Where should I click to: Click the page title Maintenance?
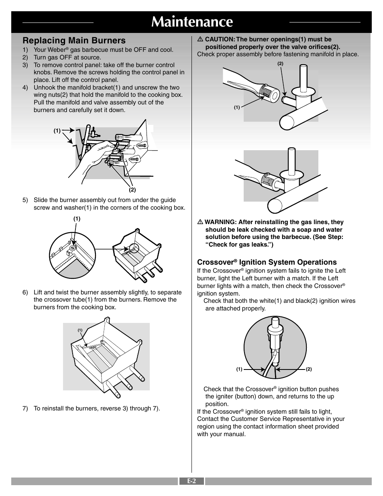click(x=192, y=22)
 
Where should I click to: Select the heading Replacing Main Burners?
click(x=74, y=40)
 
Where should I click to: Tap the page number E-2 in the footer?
click(x=191, y=481)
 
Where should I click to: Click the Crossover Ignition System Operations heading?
click(x=267, y=262)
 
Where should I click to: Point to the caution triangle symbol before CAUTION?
click(x=200, y=39)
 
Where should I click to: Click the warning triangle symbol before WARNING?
click(x=200, y=222)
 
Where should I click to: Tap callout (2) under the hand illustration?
click(x=132, y=190)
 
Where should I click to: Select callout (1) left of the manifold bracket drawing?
click(x=57, y=131)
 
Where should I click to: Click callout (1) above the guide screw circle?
click(x=77, y=219)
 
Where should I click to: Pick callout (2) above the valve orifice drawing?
click(x=280, y=63)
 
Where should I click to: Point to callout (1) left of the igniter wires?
click(x=239, y=369)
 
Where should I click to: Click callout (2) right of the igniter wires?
click(x=309, y=369)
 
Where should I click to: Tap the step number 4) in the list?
click(x=25, y=88)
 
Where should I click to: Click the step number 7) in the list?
click(x=25, y=409)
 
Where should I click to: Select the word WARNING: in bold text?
click(x=220, y=222)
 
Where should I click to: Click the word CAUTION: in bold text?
click(x=220, y=39)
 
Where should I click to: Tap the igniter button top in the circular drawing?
click(x=275, y=322)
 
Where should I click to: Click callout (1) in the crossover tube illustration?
click(x=80, y=330)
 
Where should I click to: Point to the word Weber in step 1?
click(x=56, y=50)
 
